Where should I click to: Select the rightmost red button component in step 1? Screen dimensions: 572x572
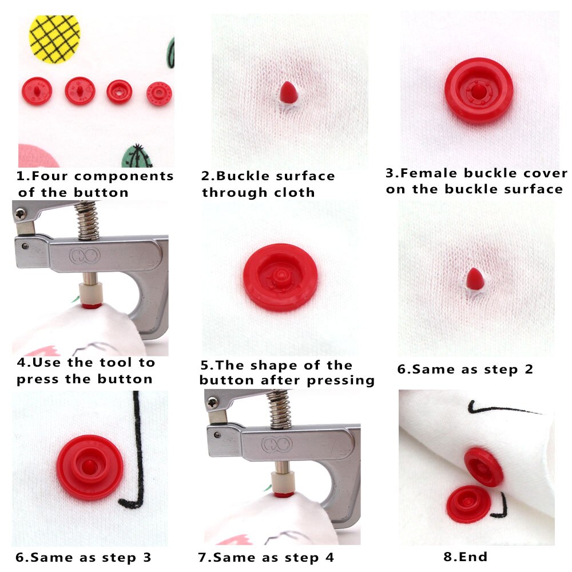pyautogui.click(x=159, y=93)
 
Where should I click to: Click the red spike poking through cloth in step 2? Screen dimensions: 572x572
pyautogui.click(x=288, y=93)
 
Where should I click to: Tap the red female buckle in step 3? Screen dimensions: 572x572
pyautogui.click(x=478, y=91)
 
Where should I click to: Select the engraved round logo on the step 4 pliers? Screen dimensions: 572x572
pyautogui.click(x=85, y=255)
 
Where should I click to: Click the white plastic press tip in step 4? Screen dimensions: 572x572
pyautogui.click(x=88, y=292)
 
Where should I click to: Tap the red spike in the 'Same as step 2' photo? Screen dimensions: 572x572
pyautogui.click(x=474, y=279)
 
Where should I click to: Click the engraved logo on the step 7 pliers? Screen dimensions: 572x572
pyautogui.click(x=277, y=444)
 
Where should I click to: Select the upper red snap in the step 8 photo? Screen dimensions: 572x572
pyautogui.click(x=484, y=467)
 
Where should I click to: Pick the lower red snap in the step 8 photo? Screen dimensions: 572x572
pyautogui.click(x=468, y=503)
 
